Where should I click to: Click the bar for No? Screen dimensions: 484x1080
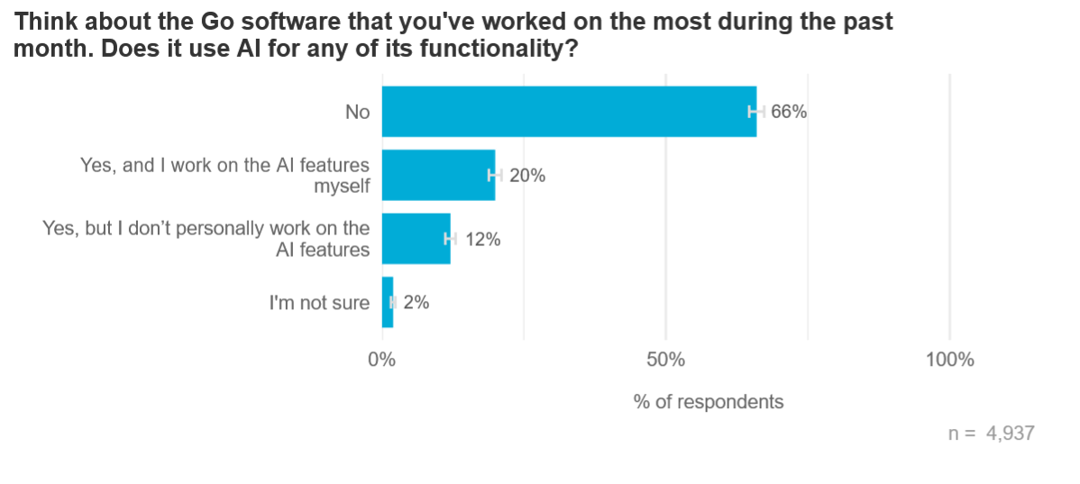568,112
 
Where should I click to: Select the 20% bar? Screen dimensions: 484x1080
438,176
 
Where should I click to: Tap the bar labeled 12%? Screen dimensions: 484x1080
416,239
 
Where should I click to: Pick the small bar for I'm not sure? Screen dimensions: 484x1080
387,303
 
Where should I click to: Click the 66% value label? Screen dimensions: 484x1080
788,113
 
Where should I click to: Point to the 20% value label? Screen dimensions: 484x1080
527,176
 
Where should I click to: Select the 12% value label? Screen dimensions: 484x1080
482,240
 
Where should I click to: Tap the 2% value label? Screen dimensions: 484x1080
416,303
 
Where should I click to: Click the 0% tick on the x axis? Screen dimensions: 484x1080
382,360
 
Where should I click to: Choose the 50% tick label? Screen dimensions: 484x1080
665,360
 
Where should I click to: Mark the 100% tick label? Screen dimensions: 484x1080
949,360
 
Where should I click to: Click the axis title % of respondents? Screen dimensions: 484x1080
709,402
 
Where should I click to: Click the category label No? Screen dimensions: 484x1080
358,113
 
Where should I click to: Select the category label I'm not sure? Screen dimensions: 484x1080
319,303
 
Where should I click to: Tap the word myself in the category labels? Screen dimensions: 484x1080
342,187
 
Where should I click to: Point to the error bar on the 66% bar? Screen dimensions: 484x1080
756,112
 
